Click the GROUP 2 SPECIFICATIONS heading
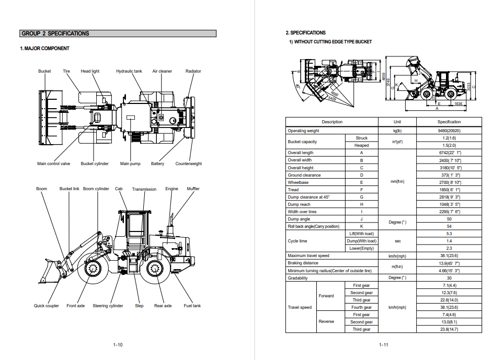tap(55, 33)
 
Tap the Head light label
tap(90, 71)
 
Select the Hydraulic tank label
tap(129, 71)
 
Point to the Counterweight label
tap(188, 164)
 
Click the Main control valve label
tap(53, 164)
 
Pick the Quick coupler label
tap(47, 306)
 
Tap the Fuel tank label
tap(192, 306)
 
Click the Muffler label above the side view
tap(193, 189)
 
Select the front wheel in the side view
tap(95, 270)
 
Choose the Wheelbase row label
tap(297, 182)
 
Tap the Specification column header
tap(449, 122)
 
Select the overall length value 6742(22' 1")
tap(449, 153)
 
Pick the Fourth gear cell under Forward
tap(361, 307)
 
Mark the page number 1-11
tap(384, 345)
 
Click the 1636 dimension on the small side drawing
tap(458, 104)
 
